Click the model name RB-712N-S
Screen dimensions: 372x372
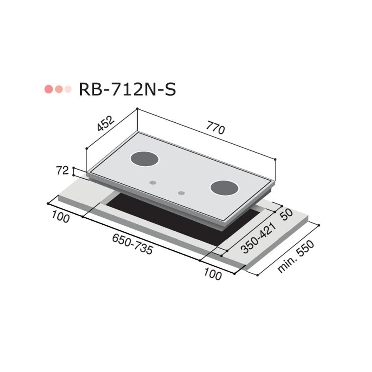(127, 90)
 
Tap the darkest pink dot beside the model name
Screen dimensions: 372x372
(48, 89)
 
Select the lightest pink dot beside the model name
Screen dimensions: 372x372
(68, 89)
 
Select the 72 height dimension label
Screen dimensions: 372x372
(63, 171)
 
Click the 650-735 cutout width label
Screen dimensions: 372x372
(132, 245)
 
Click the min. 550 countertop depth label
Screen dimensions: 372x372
(296, 257)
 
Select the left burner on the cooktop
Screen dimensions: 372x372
(145, 159)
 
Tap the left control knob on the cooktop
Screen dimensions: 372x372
(153, 183)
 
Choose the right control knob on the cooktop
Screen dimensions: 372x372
(181, 193)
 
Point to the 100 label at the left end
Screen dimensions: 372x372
(60, 218)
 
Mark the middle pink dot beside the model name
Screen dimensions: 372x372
(58, 89)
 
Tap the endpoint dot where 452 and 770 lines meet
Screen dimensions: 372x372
(137, 109)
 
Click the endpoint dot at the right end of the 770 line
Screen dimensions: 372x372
(275, 159)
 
